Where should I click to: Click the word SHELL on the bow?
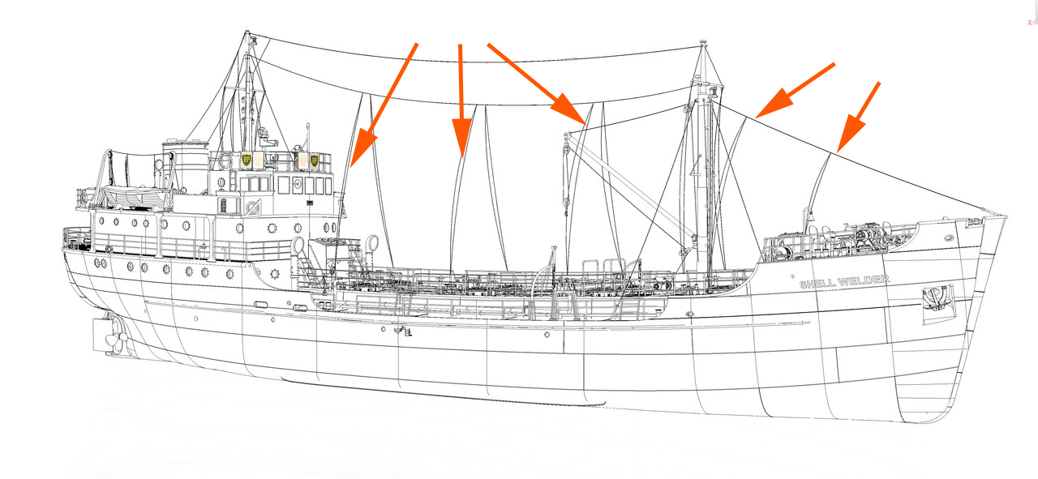[x=817, y=283]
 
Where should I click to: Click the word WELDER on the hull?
[x=864, y=280]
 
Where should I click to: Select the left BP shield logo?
[x=247, y=160]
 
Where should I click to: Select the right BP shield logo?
[x=314, y=160]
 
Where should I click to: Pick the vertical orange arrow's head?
[x=462, y=137]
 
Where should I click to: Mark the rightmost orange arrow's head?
[x=850, y=135]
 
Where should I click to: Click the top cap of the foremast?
[x=703, y=43]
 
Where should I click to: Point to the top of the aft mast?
[x=247, y=33]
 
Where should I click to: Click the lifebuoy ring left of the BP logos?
[x=225, y=161]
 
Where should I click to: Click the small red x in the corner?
[x=1030, y=23]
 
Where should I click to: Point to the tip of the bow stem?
[x=1006, y=216]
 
